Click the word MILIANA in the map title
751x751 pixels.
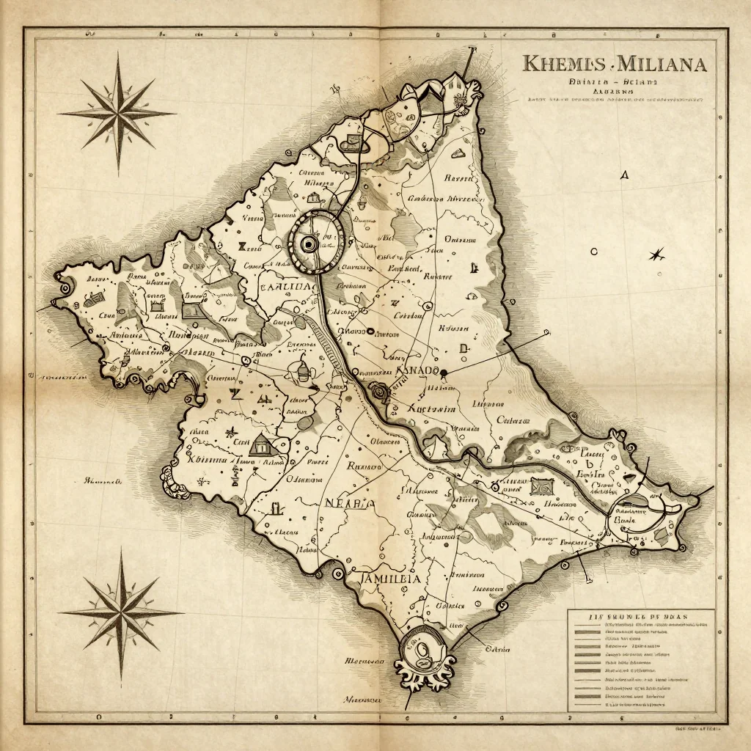[662, 64]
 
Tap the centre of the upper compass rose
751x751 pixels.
[117, 113]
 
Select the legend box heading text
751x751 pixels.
[640, 617]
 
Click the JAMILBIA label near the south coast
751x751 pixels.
[391, 579]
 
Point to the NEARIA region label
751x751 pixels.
[349, 503]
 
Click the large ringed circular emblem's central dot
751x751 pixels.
[309, 243]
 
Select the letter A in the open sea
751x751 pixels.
[624, 175]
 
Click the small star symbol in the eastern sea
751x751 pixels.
[656, 254]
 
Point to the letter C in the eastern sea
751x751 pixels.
[594, 252]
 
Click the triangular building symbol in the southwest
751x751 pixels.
[260, 444]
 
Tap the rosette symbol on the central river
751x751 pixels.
[380, 391]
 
